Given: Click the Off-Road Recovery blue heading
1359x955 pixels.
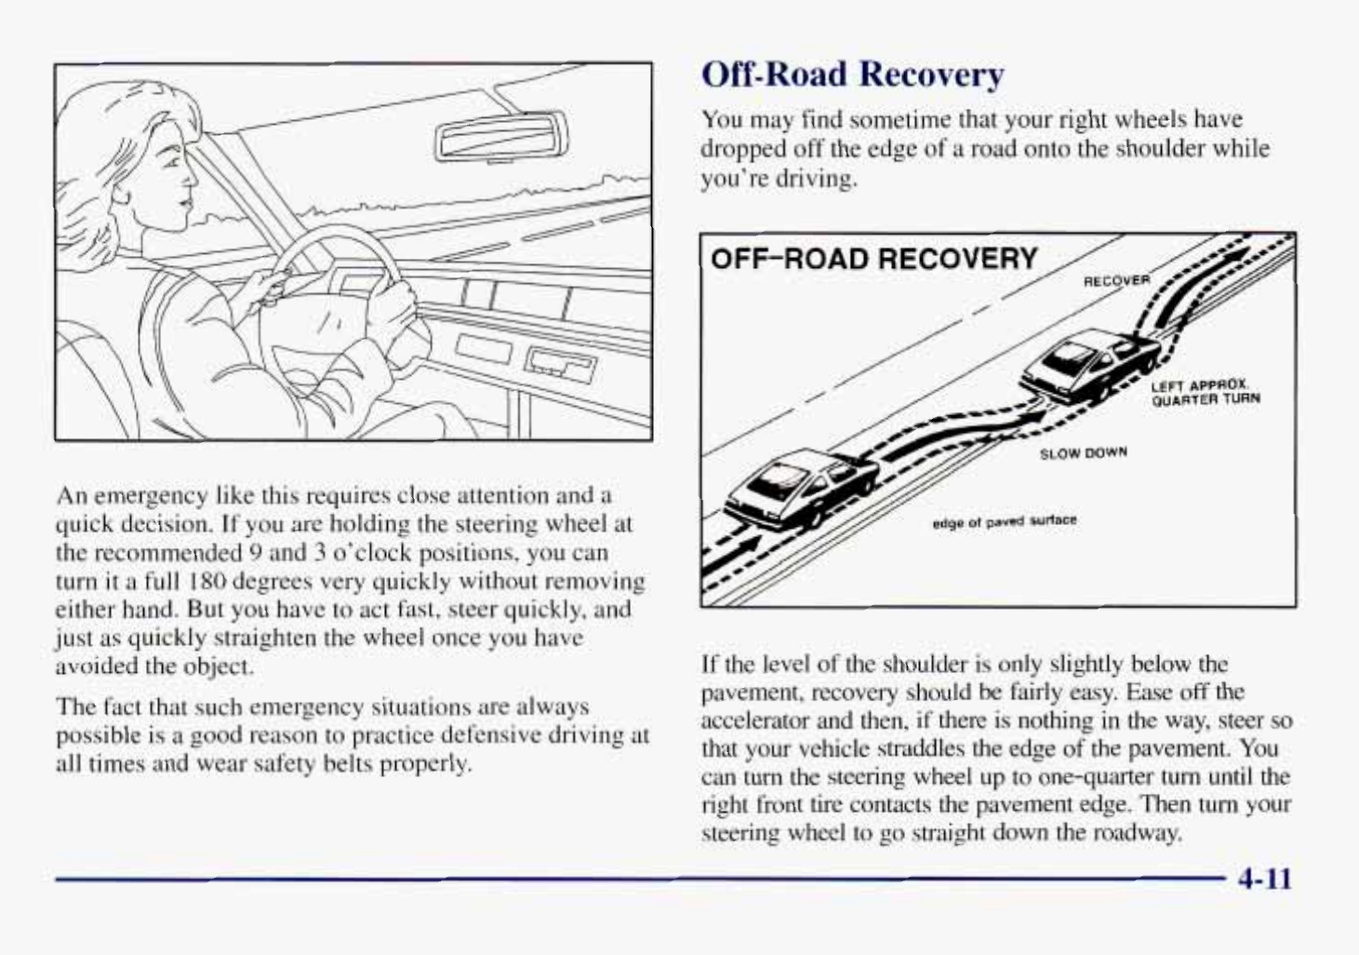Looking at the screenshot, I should coord(852,74).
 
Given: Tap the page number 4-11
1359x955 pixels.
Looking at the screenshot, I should coord(1265,879).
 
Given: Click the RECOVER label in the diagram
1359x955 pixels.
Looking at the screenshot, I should coord(1116,280).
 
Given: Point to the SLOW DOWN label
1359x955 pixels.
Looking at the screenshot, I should coord(1083,453).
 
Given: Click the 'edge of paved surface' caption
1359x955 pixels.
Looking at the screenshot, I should coord(1004,520).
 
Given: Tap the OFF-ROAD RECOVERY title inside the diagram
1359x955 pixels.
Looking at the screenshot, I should coord(873,259).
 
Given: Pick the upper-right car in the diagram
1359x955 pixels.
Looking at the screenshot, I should coord(1086,367).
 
